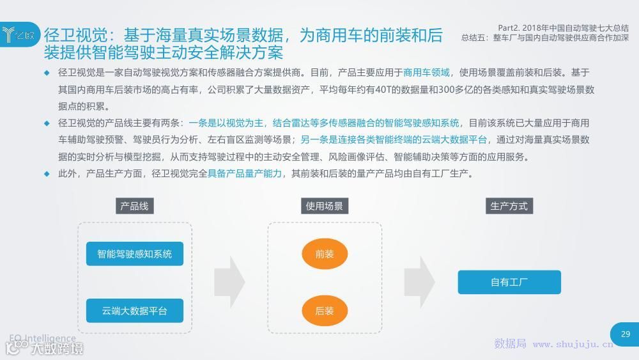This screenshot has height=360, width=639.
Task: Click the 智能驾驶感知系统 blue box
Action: (x=134, y=254)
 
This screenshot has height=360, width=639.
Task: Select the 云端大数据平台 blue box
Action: (x=134, y=311)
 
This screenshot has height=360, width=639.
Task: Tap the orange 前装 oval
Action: (x=325, y=254)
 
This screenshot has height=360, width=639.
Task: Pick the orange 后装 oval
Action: (x=325, y=311)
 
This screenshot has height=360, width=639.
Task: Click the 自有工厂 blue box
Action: (x=509, y=282)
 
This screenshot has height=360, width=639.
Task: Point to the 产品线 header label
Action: (x=134, y=206)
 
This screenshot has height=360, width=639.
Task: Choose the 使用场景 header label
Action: (x=324, y=206)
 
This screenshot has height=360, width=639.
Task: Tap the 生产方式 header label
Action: (x=509, y=206)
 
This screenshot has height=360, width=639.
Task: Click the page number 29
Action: (x=625, y=334)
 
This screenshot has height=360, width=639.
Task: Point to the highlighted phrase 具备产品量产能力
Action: (x=245, y=173)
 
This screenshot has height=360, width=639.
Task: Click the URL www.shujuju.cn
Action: (x=573, y=344)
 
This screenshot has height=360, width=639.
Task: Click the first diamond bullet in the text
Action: (x=47, y=72)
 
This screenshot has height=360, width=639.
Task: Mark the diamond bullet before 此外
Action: (x=47, y=173)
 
